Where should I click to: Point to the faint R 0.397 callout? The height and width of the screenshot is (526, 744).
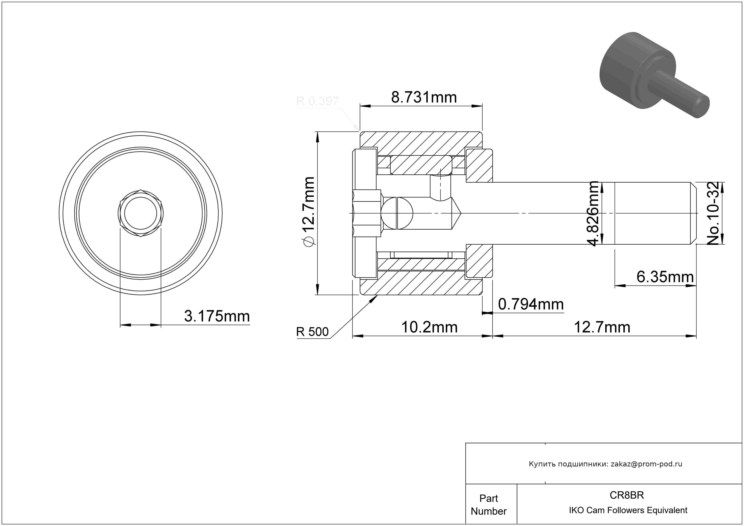pyautogui.click(x=317, y=102)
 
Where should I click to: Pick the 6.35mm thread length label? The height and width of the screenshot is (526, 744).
pyautogui.click(x=665, y=277)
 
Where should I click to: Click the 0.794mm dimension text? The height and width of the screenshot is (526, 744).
pyautogui.click(x=531, y=304)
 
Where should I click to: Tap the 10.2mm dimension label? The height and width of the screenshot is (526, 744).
pyautogui.click(x=429, y=327)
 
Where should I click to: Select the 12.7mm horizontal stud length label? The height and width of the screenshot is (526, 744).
pyautogui.click(x=602, y=327)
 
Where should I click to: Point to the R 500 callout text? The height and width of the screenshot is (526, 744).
pyautogui.click(x=312, y=332)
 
